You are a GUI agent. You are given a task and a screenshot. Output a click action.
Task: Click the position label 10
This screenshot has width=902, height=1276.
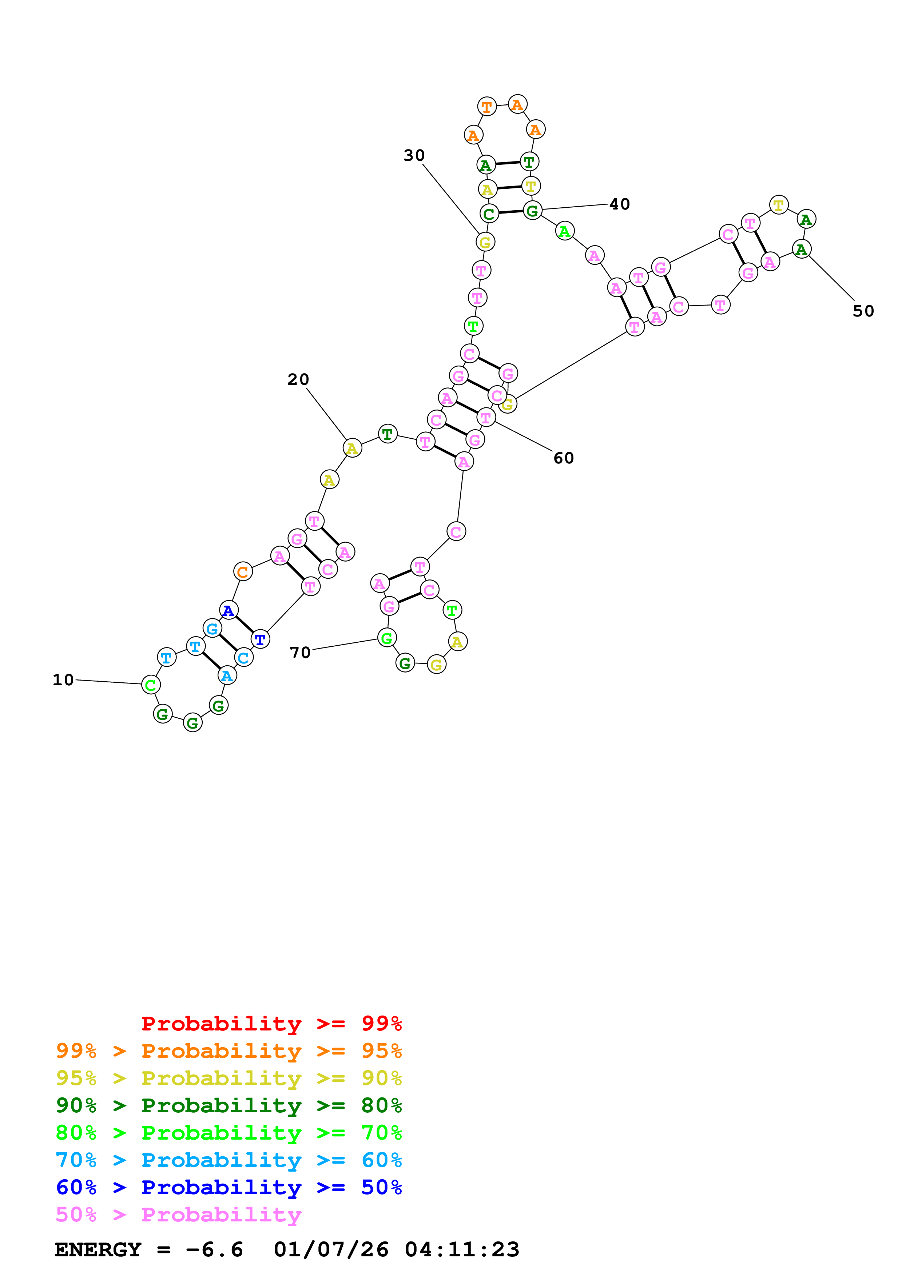point(63,680)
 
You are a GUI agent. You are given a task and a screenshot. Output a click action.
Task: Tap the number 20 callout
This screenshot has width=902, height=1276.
point(298,380)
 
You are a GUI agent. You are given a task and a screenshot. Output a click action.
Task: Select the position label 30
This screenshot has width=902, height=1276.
point(414,156)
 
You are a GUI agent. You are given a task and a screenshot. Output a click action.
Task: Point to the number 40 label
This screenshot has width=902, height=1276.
point(620,204)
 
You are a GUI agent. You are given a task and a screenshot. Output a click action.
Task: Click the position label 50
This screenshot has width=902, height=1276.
point(863,311)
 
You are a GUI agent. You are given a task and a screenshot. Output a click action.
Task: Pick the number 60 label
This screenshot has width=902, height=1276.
point(564,458)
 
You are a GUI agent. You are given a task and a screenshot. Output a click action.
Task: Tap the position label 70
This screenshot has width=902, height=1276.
point(300,653)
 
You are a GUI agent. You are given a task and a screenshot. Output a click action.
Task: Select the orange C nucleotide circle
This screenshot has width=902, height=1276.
point(243,571)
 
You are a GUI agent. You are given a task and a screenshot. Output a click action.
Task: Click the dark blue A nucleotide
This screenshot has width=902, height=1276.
point(229,610)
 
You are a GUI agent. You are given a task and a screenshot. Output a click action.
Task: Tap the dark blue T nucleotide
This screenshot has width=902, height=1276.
point(260,639)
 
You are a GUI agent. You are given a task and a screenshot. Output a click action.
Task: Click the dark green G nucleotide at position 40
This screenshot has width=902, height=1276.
point(532,211)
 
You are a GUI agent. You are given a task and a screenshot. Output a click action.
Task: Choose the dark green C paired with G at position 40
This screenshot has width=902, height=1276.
point(489,214)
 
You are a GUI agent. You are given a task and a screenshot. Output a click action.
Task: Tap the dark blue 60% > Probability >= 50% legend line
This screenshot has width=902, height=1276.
point(229,1187)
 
